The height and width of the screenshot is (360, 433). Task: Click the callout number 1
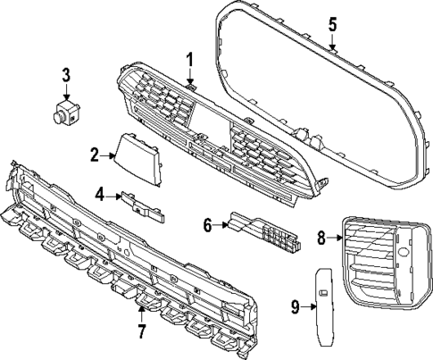pyautogui.click(x=189, y=59)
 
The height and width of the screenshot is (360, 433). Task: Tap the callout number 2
pyautogui.click(x=94, y=155)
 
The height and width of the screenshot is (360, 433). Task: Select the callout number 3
pyautogui.click(x=66, y=75)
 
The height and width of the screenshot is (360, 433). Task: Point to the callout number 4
pyautogui.click(x=100, y=193)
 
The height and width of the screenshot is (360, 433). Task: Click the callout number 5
pyautogui.click(x=333, y=22)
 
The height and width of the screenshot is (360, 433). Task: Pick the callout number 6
pyautogui.click(x=207, y=225)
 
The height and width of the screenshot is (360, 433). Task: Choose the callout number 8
pyautogui.click(x=321, y=238)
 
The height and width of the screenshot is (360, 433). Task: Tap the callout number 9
pyautogui.click(x=294, y=307)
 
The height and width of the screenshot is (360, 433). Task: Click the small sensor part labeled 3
pyautogui.click(x=65, y=113)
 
